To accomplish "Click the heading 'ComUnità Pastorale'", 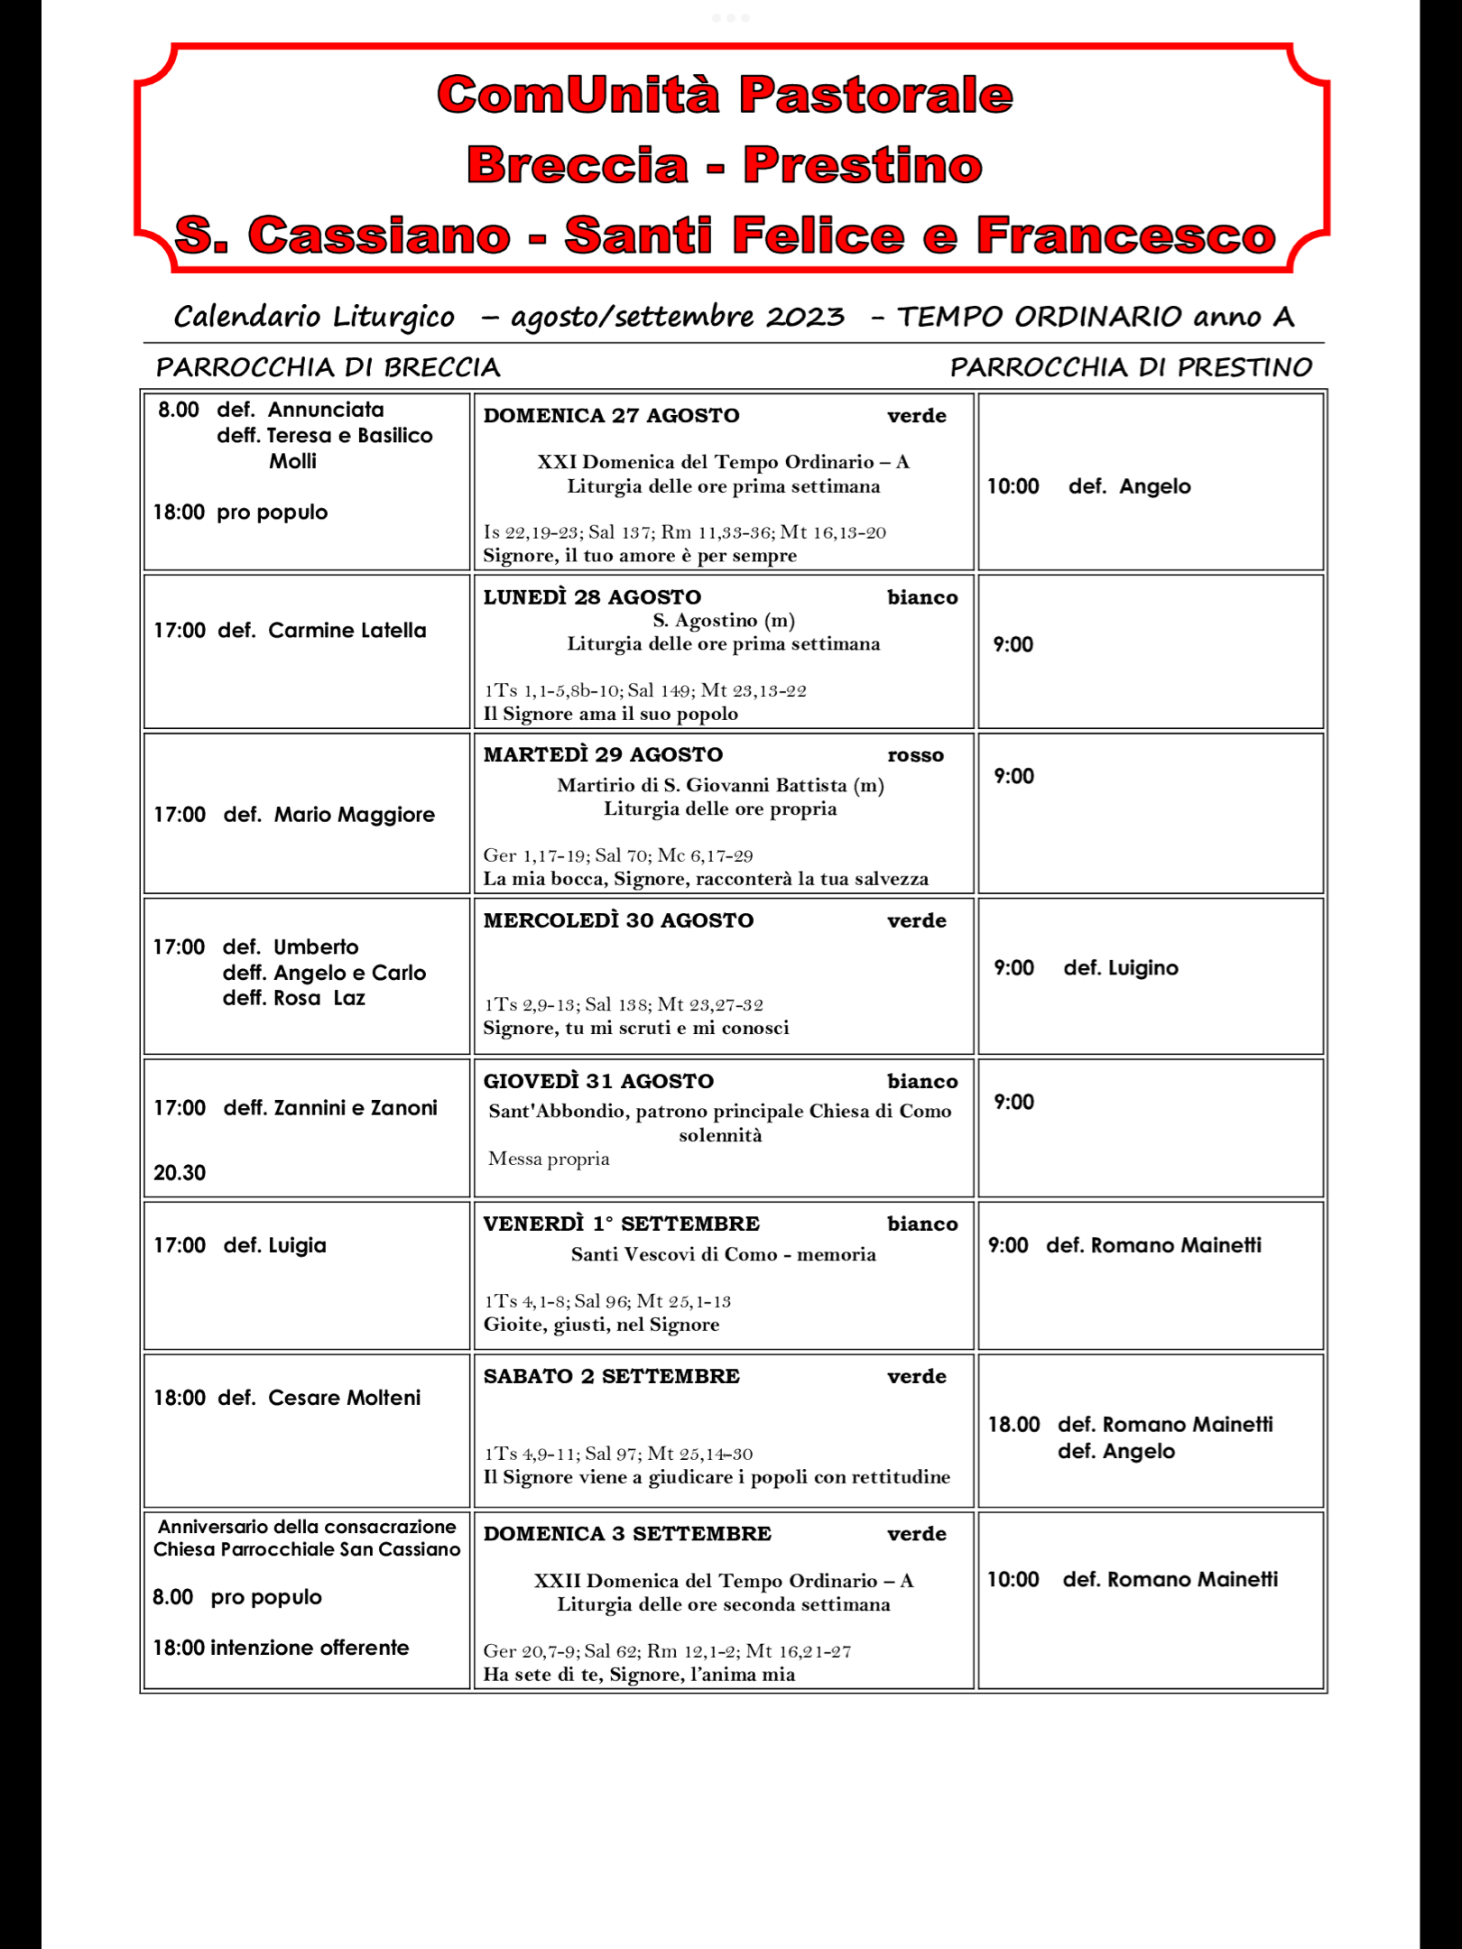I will [x=725, y=95].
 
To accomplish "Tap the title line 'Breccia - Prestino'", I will [x=725, y=165].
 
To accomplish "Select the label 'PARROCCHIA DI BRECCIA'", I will [x=328, y=367].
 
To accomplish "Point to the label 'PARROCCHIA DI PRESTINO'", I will [x=1131, y=367].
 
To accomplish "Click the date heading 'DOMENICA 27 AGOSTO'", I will [x=611, y=416].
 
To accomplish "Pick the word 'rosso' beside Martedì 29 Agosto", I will [x=915, y=755].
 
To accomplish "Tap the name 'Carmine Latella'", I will [x=347, y=631].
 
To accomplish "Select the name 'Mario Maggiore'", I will [x=354, y=815].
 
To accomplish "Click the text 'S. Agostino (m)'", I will [x=724, y=621].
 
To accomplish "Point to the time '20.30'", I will [x=180, y=1173].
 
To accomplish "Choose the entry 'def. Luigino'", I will [x=1121, y=968].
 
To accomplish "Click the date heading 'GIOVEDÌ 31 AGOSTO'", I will [x=598, y=1082].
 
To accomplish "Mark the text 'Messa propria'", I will [x=549, y=1159].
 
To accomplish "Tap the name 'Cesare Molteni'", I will [x=344, y=1398].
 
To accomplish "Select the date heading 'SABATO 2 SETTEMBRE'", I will [x=611, y=1377].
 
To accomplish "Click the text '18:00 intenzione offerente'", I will [x=281, y=1648].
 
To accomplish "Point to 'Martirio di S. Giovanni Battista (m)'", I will [x=720, y=785].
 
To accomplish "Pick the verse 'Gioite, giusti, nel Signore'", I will [x=601, y=1325].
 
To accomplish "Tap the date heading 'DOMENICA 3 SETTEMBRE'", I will [x=627, y=1534].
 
